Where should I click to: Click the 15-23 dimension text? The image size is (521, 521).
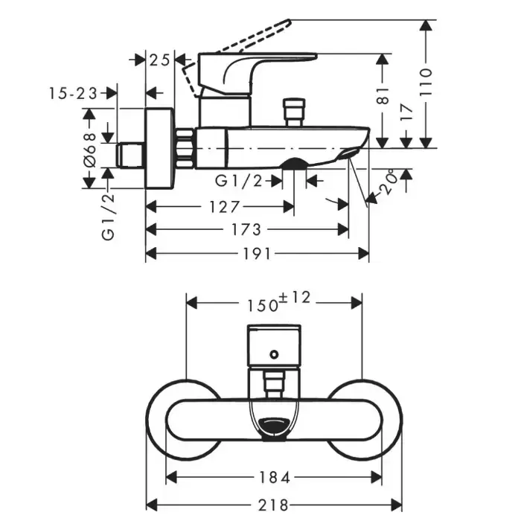point(74,92)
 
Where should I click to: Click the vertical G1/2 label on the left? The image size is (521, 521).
point(109,215)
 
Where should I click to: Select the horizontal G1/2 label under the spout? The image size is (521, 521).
point(238,180)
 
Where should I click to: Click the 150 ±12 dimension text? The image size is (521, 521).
point(274,302)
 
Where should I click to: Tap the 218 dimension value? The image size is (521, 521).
point(274,505)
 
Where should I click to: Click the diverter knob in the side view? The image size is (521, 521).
point(291,109)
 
